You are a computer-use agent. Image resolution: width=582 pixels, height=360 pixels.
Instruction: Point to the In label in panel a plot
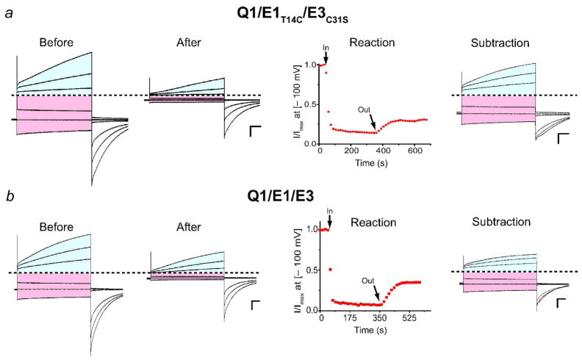click(325, 48)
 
